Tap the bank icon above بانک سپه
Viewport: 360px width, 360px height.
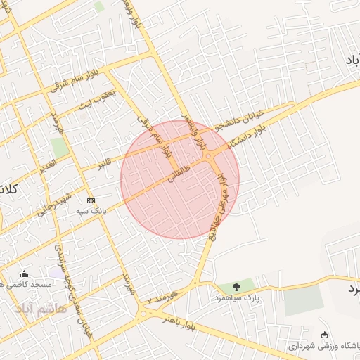pos(90,200)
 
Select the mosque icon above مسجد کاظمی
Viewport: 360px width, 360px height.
pos(25,274)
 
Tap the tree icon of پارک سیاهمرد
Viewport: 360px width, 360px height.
pos(236,286)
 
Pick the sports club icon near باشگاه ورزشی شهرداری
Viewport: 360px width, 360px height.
pos(323,335)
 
